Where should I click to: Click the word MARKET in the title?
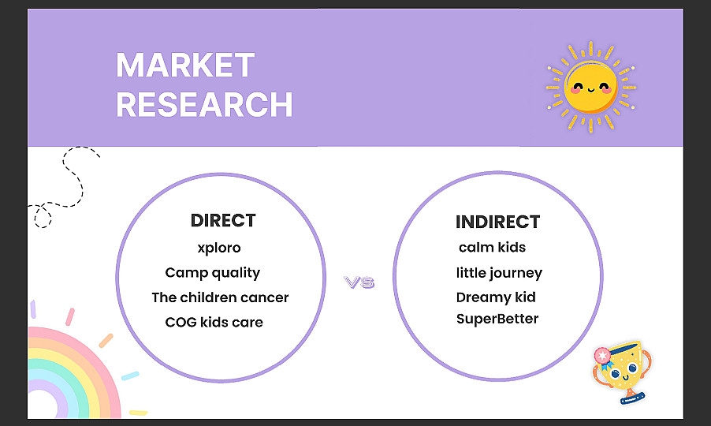pos(185,65)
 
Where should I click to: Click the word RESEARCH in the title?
pos(204,104)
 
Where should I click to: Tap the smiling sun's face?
pos(590,87)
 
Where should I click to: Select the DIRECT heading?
pos(223,220)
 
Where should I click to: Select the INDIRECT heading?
pos(498,222)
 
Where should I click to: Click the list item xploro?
pos(219,248)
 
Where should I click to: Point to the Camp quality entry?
pos(213,273)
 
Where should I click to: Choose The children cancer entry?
pos(220,297)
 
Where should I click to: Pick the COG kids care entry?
pos(214,322)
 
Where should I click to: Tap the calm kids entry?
pos(492,247)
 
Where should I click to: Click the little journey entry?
pos(499,273)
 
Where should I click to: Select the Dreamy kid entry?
pos(496,297)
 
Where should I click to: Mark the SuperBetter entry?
pos(497,319)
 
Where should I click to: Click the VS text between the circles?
pos(359,282)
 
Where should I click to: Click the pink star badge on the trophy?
pos(602,356)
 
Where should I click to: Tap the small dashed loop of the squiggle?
pos(43,216)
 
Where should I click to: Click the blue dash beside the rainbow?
pos(130,376)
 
